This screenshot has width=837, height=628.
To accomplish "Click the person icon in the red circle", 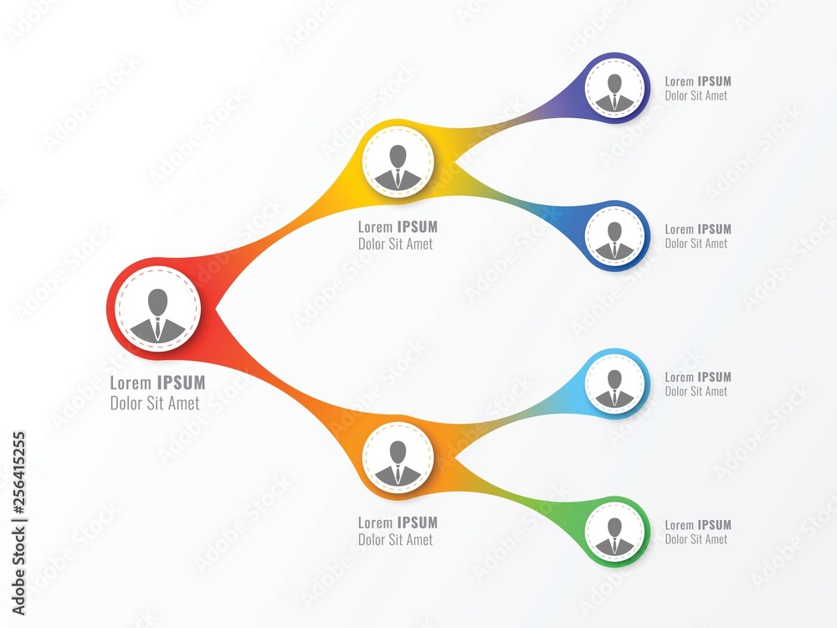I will pos(157,313).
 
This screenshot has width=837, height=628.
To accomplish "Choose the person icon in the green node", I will pos(615,534).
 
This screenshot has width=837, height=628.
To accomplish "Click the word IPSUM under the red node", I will pos(181,383).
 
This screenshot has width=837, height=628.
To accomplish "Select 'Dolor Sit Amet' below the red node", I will pos(155,404).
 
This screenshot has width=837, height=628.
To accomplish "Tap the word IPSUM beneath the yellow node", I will pos(417,227).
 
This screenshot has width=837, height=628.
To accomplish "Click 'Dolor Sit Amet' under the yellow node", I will pos(396,245).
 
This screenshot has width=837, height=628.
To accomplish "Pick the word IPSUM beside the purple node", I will pos(714,81).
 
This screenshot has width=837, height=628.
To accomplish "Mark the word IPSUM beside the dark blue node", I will pos(714,229).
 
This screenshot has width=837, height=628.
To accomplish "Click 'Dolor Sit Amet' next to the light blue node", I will pos(696,391).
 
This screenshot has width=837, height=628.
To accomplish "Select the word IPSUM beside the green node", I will pos(714,525).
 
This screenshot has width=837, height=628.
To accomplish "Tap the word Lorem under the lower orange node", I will pos(375,522).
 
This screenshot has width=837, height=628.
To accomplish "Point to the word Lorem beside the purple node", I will pos(680,81).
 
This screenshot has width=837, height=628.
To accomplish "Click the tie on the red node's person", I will pos(157,327).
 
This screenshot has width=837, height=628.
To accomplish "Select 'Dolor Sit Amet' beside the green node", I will pos(696,539).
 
